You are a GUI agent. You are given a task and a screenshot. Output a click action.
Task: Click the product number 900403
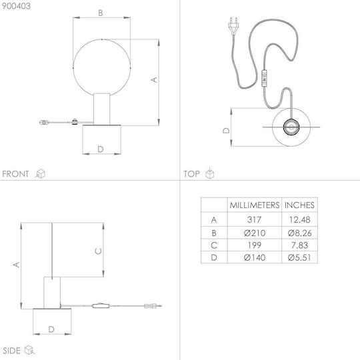16,6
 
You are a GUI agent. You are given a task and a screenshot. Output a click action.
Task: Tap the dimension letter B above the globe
100,13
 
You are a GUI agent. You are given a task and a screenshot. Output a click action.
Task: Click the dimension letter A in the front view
154,80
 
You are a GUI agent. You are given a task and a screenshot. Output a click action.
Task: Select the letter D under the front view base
101,149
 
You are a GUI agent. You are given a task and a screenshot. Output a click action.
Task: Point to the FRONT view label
15,174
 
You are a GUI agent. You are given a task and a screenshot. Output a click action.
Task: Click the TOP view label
191,174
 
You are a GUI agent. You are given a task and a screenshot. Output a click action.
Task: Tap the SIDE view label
11,351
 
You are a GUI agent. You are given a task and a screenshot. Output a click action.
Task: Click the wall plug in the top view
233,25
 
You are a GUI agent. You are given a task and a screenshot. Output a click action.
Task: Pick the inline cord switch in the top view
264,79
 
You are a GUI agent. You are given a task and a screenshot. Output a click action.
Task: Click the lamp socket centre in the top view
291,127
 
